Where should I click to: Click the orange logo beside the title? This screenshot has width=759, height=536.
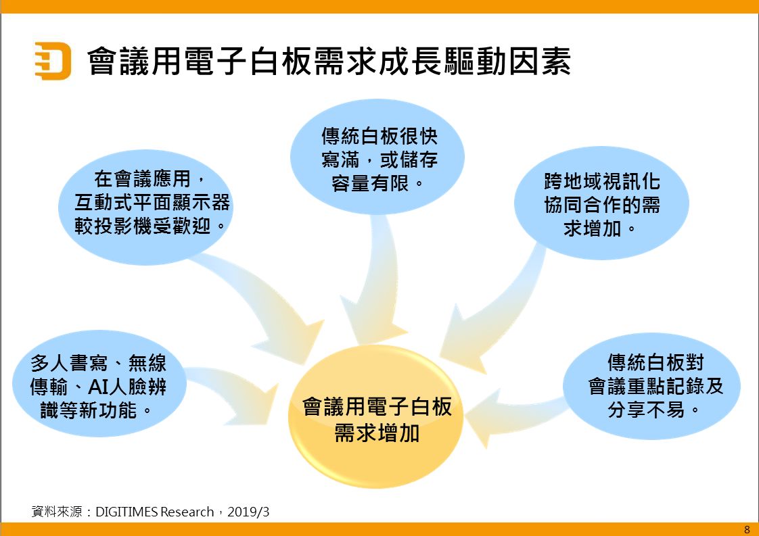(53, 60)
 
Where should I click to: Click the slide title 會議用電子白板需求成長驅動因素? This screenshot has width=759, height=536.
(329, 61)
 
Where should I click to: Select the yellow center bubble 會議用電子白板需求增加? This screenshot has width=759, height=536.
(376, 417)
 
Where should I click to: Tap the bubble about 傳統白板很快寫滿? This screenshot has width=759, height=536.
(377, 157)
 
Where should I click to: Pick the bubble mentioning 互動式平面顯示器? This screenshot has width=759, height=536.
(145, 207)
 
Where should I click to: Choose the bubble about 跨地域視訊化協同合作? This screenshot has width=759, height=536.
(601, 203)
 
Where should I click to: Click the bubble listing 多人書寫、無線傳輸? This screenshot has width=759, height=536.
(99, 384)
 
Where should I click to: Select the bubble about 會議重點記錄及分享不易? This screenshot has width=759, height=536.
(652, 385)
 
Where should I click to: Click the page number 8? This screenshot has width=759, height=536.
(747, 529)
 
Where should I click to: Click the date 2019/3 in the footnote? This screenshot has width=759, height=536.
(248, 512)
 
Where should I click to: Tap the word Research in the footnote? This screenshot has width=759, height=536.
(187, 512)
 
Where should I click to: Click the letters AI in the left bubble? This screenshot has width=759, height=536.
(97, 387)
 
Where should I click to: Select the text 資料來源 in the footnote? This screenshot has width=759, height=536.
(57, 512)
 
